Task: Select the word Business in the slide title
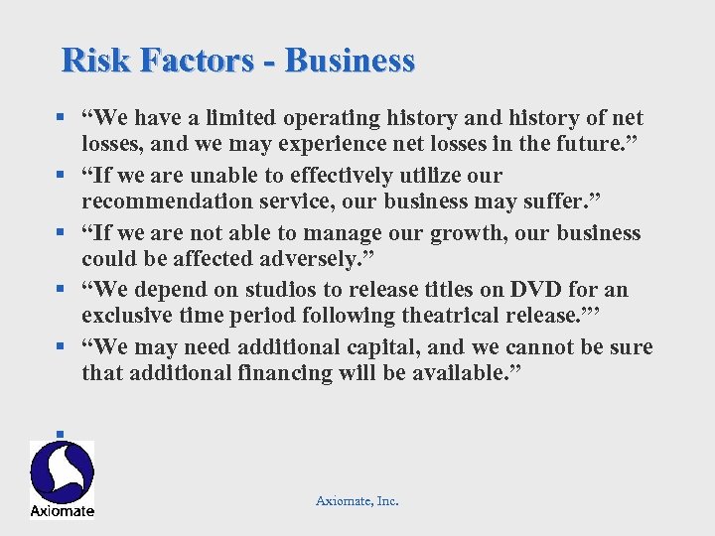[350, 61]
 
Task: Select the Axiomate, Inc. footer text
[357, 501]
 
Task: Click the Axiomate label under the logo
[63, 510]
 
